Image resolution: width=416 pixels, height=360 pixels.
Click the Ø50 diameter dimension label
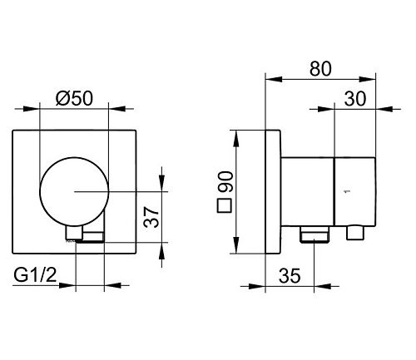click(74, 98)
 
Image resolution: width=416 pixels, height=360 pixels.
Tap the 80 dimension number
click(320, 68)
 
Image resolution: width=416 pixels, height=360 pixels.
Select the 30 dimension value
click(355, 98)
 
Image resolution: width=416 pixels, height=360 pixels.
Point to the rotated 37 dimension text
click(151, 217)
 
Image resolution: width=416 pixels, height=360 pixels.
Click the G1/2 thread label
click(35, 275)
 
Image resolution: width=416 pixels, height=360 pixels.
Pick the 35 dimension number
click(290, 275)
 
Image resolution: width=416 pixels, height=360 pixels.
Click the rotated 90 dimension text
click(225, 182)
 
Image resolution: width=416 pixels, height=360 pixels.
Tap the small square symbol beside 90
click(225, 205)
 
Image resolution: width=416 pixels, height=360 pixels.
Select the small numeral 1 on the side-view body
click(345, 191)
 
